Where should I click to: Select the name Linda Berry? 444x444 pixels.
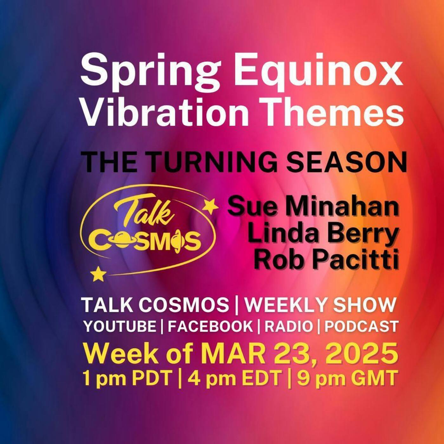pyautogui.click(x=323, y=234)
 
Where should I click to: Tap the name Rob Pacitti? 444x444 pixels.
pyautogui.click(x=327, y=261)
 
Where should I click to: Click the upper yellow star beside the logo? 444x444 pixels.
pyautogui.click(x=210, y=206)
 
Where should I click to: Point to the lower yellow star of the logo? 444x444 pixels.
pyautogui.click(x=98, y=274)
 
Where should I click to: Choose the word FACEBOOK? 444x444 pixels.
pyautogui.click(x=210, y=327)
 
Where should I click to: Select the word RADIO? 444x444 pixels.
pyautogui.click(x=289, y=327)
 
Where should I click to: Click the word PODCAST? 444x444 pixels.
pyautogui.click(x=361, y=327)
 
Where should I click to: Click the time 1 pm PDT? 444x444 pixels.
pyautogui.click(x=127, y=378)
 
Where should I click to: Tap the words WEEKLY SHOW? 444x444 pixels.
pyautogui.click(x=320, y=305)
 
